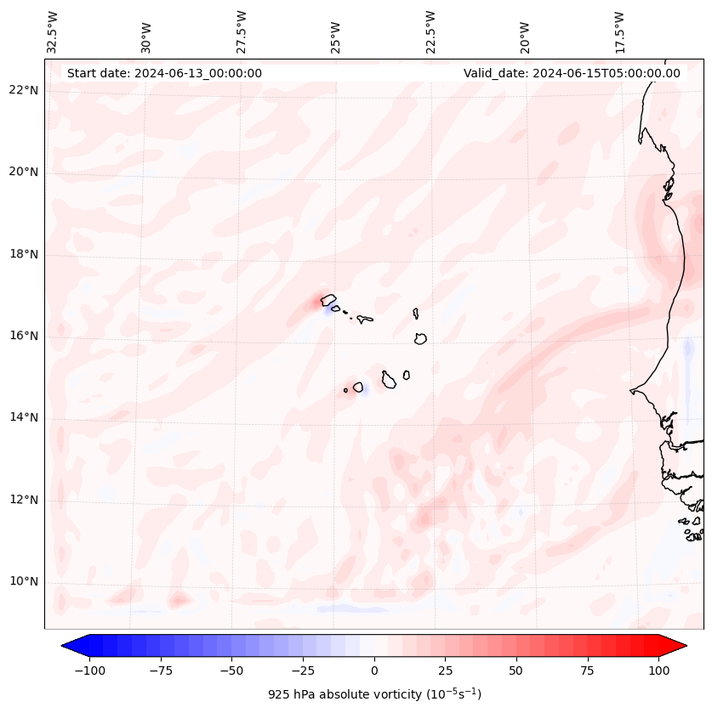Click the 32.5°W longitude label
[53, 32]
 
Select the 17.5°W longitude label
[619, 32]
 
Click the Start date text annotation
[164, 73]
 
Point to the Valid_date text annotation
[572, 73]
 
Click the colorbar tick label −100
[89, 671]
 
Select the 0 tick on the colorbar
[374, 671]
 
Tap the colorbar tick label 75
[588, 671]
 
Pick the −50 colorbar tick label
[231, 671]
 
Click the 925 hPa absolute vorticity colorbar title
[374, 694]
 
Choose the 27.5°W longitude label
[242, 32]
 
